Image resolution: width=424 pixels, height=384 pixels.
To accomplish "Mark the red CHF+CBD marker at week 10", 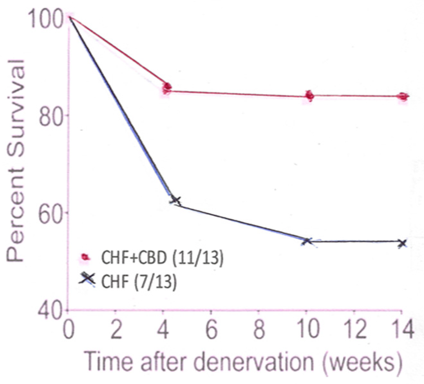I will click(309, 96).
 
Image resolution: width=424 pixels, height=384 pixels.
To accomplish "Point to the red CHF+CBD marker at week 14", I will click(403, 96).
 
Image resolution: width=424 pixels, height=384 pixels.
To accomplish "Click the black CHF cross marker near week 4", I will click(175, 201).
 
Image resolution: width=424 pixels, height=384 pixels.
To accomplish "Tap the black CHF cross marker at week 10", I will click(307, 241).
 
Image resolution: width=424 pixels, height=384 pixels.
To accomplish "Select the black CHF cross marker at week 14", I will click(402, 243).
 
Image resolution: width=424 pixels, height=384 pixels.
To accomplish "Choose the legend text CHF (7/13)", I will click(139, 282).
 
